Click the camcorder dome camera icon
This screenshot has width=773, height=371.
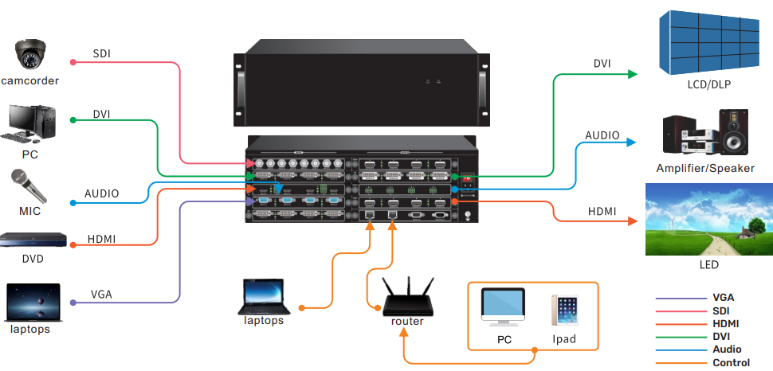(x=29, y=56)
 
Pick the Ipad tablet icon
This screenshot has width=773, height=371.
(x=564, y=310)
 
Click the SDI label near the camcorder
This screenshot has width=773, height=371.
(x=102, y=54)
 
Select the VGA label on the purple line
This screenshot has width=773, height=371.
(x=102, y=295)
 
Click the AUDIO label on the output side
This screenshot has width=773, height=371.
(x=602, y=135)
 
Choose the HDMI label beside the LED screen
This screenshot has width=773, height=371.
(x=602, y=211)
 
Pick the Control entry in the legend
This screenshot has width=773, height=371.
(x=731, y=362)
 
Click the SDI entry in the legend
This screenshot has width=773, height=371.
(x=721, y=310)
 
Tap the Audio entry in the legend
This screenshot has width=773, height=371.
(x=727, y=350)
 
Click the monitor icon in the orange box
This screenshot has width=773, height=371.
(x=503, y=307)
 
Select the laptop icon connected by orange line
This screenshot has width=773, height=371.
(x=264, y=296)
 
